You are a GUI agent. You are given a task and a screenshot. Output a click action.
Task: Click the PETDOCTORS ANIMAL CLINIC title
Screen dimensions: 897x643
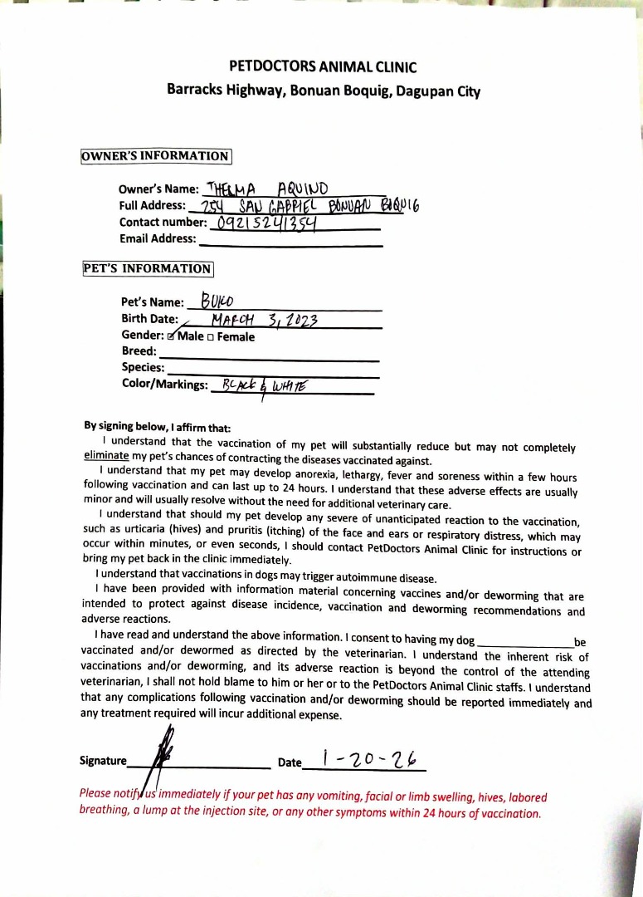pos(323,67)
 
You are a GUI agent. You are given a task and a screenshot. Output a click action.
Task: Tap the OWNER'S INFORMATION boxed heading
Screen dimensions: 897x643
pos(155,156)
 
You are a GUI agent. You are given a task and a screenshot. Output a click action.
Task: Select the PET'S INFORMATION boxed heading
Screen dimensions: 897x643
pos(148,268)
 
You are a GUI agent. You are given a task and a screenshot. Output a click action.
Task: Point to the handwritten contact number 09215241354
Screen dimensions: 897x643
pos(267,222)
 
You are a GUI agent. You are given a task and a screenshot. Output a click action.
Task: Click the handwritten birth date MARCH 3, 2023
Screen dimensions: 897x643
pos(265,320)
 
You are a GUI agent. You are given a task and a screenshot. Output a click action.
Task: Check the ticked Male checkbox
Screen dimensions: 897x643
pos(171,337)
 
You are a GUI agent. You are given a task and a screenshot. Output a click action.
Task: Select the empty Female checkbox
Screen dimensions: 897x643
pos(211,337)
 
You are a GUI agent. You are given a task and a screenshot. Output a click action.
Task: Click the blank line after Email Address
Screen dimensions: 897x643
pos(290,244)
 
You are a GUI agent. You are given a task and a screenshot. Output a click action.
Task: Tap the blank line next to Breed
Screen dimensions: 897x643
pos(274,357)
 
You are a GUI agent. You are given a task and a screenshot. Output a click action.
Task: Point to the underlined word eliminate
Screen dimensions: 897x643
pos(106,456)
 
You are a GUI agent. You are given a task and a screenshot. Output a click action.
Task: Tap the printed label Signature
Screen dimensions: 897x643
pos(103,761)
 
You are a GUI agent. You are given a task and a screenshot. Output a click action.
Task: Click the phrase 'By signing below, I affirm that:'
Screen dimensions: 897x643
pos(151,426)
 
